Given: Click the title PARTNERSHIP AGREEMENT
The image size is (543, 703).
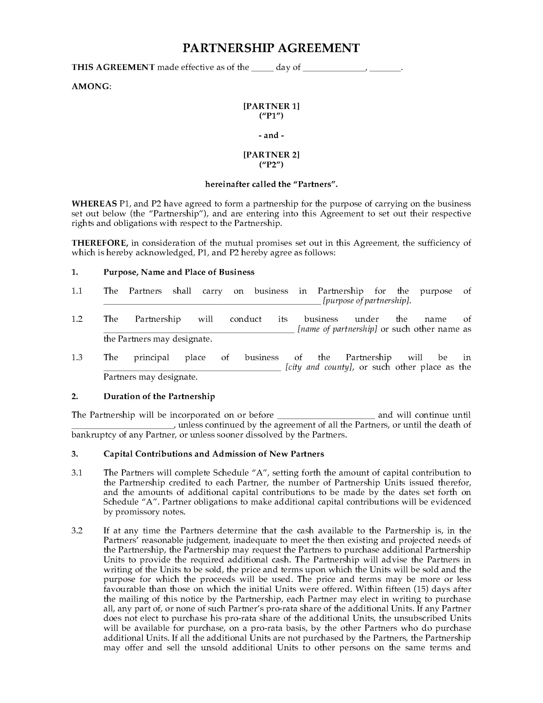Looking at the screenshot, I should click(271, 48).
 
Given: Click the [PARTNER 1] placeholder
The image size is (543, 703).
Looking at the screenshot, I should click(271, 106).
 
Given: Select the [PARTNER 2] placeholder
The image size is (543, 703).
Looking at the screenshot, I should click(271, 155).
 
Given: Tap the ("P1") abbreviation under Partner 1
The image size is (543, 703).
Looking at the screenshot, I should click(271, 116).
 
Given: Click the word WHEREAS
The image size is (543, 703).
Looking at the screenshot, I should click(94, 204).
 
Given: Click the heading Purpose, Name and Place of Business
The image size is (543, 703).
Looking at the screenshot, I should click(179, 272).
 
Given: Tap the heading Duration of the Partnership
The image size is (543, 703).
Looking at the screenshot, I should click(159, 397).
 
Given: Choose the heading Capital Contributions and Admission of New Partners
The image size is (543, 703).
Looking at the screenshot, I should click(213, 454).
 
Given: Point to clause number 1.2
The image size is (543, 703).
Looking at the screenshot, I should click(77, 319).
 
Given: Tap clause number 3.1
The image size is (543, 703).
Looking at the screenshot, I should click(77, 473).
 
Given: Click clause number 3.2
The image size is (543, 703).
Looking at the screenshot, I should click(77, 531).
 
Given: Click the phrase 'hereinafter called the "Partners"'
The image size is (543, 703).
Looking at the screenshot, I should click(271, 184).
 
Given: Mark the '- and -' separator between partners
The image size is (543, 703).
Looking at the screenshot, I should click(271, 135).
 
